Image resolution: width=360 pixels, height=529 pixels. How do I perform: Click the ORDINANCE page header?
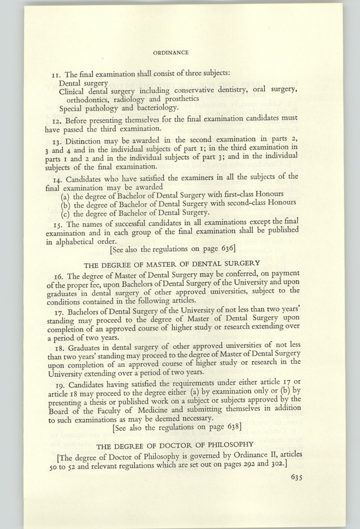[171, 52]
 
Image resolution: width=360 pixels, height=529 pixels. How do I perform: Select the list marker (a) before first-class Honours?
[65, 194]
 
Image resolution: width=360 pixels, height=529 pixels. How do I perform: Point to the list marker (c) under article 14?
[65, 213]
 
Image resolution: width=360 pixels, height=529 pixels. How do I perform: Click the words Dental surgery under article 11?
[83, 83]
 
